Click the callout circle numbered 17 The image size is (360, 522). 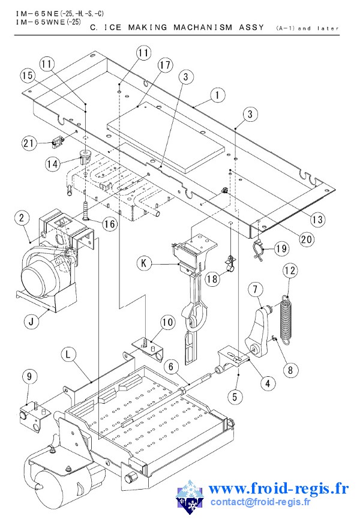[x=166, y=65]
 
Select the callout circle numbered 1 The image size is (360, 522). [x=217, y=95]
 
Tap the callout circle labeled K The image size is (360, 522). [x=144, y=263]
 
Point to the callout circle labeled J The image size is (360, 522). [x=32, y=322]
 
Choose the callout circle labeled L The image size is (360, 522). [x=68, y=355]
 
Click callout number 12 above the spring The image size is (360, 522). [x=290, y=270]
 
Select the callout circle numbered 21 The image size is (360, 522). [x=29, y=143]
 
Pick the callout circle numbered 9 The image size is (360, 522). [x=29, y=376]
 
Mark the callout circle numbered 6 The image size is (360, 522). [x=171, y=367]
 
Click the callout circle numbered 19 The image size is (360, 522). [x=282, y=248]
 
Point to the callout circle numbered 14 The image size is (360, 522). [x=53, y=164]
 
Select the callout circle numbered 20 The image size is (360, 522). [x=307, y=239]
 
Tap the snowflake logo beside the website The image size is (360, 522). [x=190, y=497]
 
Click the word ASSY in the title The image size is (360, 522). [x=251, y=27]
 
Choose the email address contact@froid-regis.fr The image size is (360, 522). [x=260, y=502]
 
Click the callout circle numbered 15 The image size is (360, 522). [x=28, y=76]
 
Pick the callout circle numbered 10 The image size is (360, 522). [x=167, y=322]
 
